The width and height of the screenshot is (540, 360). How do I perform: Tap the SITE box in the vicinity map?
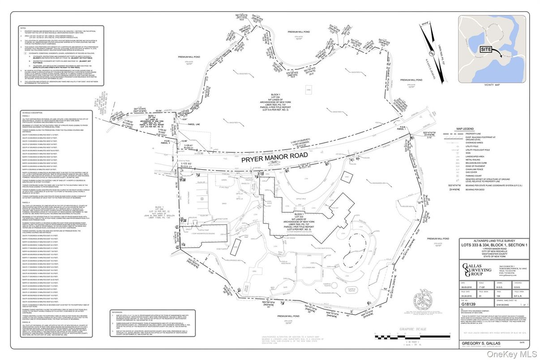(487, 49)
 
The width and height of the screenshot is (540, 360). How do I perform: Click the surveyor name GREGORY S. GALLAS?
(479, 343)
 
